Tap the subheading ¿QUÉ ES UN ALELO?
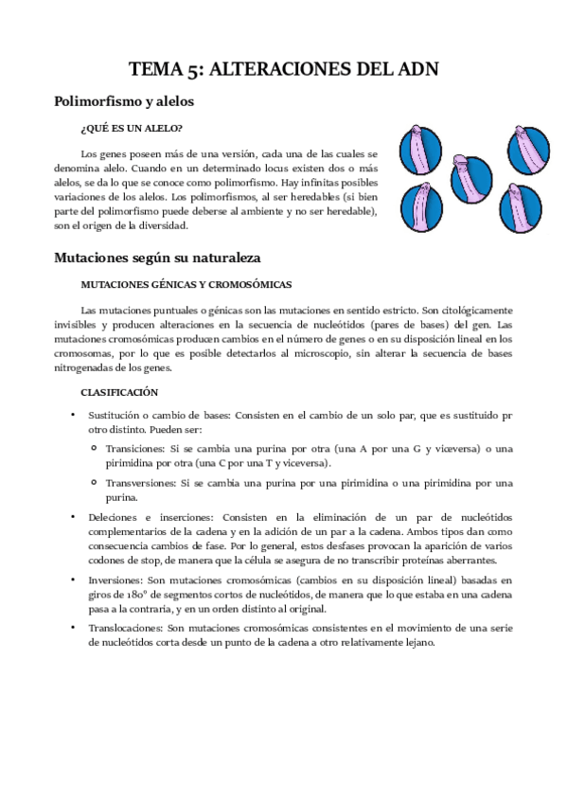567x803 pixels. pyautogui.click(x=132, y=128)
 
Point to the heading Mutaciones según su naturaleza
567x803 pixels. pyautogui.click(x=156, y=257)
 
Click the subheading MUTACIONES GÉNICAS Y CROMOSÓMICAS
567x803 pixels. pyautogui.click(x=186, y=284)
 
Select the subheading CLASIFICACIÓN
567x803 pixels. pyautogui.click(x=119, y=392)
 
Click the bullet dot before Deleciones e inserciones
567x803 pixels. pyautogui.click(x=72, y=517)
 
